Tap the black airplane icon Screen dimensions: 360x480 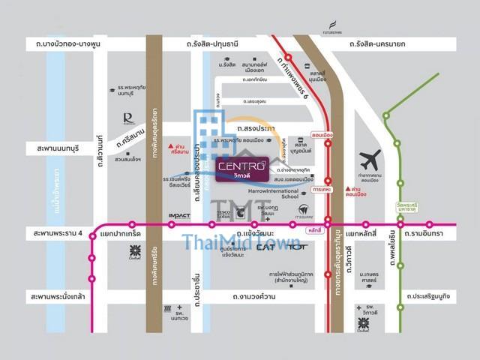pos(370,160)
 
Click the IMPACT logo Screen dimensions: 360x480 pos(179,216)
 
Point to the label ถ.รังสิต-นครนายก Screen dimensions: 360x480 pos(377,45)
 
